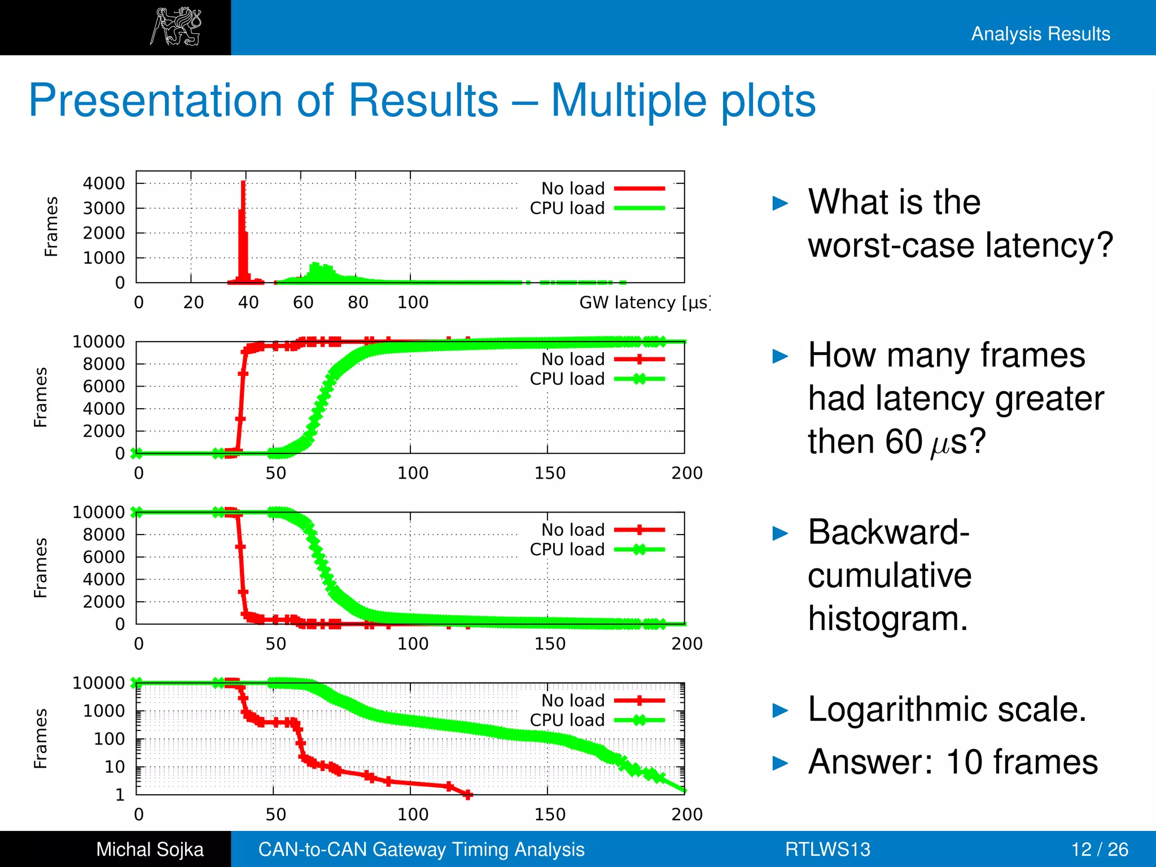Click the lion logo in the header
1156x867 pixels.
[x=176, y=27]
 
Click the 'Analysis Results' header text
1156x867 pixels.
[x=1040, y=34]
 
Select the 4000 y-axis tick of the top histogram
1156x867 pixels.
[x=104, y=183]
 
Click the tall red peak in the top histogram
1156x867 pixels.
[x=243, y=226]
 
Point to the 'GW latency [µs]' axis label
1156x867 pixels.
[x=643, y=303]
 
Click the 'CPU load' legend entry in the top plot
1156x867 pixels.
[x=567, y=208]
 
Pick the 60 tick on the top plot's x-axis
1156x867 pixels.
[x=303, y=303]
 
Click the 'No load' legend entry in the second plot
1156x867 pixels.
[x=573, y=359]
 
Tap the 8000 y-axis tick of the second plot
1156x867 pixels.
[x=104, y=364]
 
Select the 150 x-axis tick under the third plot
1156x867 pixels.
[x=549, y=643]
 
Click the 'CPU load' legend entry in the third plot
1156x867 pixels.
[x=567, y=549]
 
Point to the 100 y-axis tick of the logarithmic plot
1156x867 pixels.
[x=109, y=739]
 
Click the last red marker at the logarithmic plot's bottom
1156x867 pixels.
[x=468, y=794]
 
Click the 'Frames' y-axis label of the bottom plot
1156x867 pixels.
[x=40, y=738]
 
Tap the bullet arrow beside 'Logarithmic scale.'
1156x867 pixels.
[x=780, y=711]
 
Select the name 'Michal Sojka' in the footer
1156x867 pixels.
[x=150, y=849]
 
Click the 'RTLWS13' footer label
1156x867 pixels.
[x=827, y=849]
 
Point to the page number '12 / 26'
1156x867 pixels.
[x=1099, y=849]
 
